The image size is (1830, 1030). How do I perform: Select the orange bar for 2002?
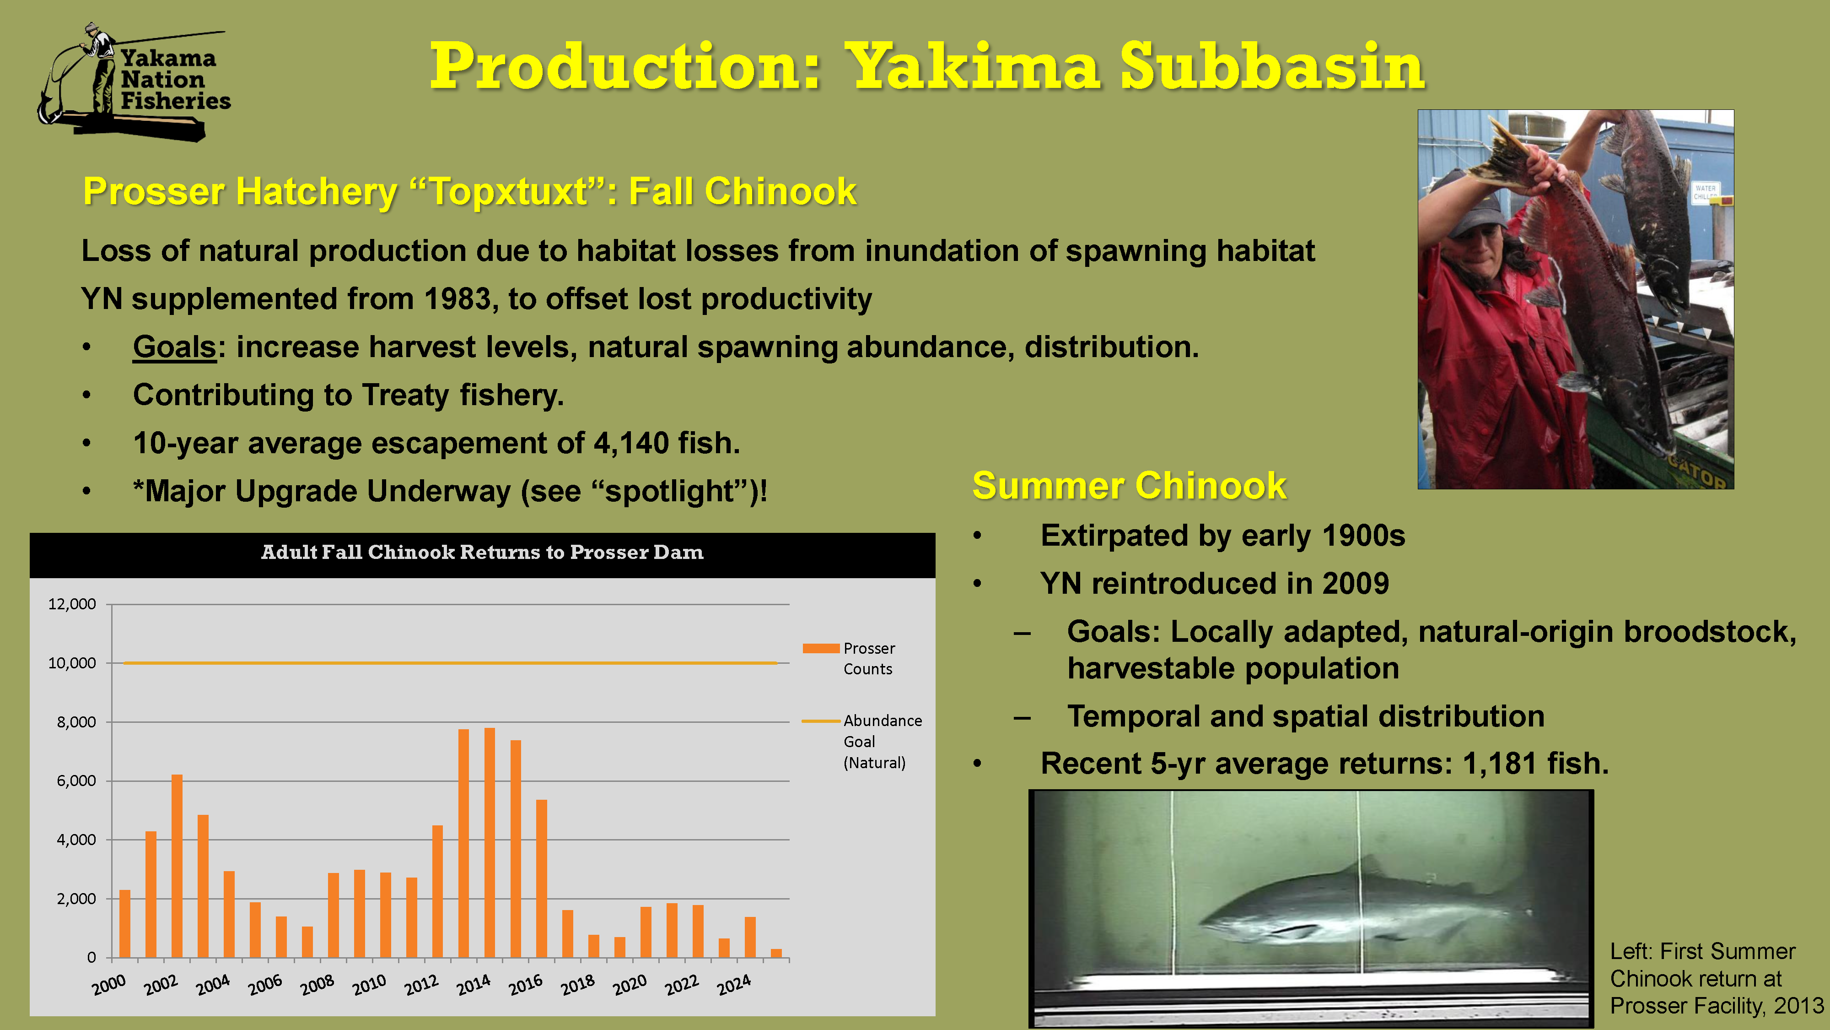(x=177, y=866)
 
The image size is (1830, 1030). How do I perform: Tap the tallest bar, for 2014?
(x=490, y=842)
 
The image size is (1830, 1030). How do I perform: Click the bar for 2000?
(x=125, y=923)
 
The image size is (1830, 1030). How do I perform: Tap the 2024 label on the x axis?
(x=734, y=985)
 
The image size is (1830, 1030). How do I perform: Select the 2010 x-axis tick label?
(x=369, y=985)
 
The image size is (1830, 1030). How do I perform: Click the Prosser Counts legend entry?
(x=849, y=658)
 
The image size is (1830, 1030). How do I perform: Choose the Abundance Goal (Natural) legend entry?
(x=862, y=742)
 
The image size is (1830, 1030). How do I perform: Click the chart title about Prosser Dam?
(x=482, y=553)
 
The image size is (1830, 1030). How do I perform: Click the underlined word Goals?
(x=174, y=347)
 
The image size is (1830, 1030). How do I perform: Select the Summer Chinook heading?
(x=1129, y=486)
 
